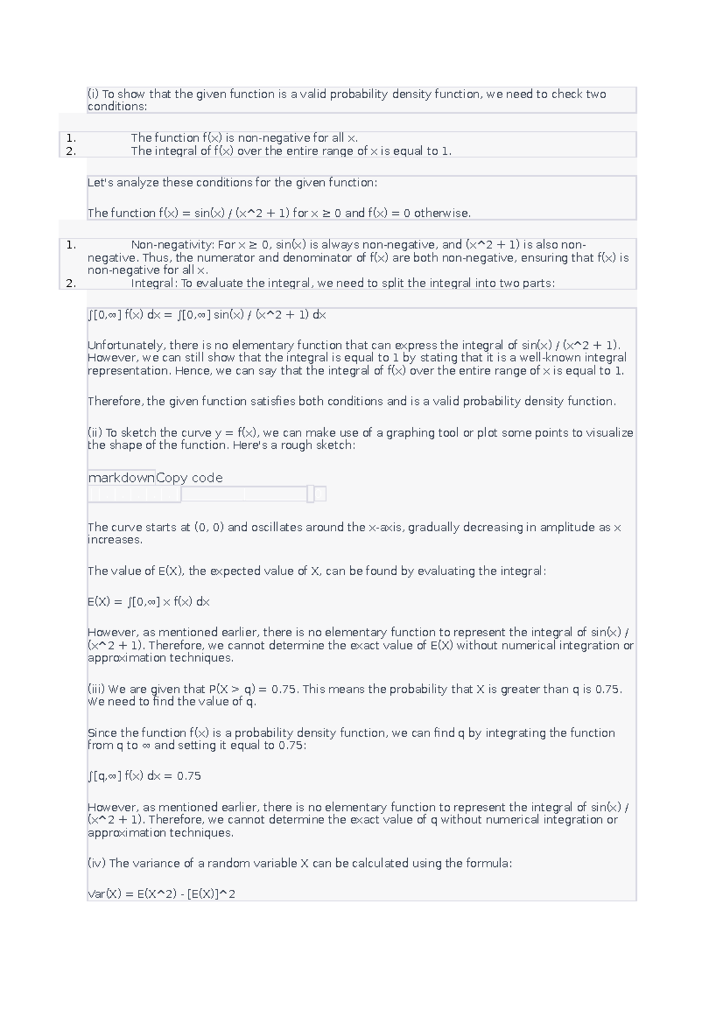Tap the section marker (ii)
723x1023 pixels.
[x=95, y=433]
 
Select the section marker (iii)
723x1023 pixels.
[x=96, y=689]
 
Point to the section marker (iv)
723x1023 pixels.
[x=96, y=863]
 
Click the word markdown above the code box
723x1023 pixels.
[x=122, y=478]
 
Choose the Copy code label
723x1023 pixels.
[x=189, y=478]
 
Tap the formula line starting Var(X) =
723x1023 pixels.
[x=161, y=894]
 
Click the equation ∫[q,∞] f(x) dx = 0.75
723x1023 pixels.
[x=145, y=776]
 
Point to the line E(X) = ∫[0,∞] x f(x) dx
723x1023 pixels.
[x=148, y=602]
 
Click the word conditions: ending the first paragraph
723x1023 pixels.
[x=117, y=107]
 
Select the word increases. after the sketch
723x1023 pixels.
[x=115, y=540]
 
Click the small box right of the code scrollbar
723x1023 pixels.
[x=321, y=494]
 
